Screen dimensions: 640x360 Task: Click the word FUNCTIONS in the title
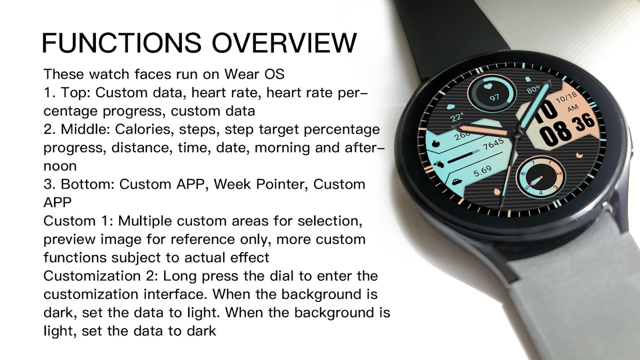click(122, 43)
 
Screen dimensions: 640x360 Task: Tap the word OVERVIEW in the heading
click(284, 43)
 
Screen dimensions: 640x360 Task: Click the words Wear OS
click(254, 74)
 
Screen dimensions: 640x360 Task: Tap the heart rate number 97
click(494, 98)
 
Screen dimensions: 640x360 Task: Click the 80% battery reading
click(533, 90)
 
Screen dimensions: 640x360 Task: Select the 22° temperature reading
click(456, 117)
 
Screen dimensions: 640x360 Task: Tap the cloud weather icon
click(451, 107)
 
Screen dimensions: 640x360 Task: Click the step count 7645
click(493, 144)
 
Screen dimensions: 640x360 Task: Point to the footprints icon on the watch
click(439, 164)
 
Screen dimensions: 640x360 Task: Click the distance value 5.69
click(482, 171)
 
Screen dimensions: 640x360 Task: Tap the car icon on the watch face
click(457, 181)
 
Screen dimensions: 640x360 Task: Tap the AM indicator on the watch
click(573, 108)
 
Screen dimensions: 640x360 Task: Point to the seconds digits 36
click(584, 122)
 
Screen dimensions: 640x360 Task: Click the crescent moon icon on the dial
click(580, 155)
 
